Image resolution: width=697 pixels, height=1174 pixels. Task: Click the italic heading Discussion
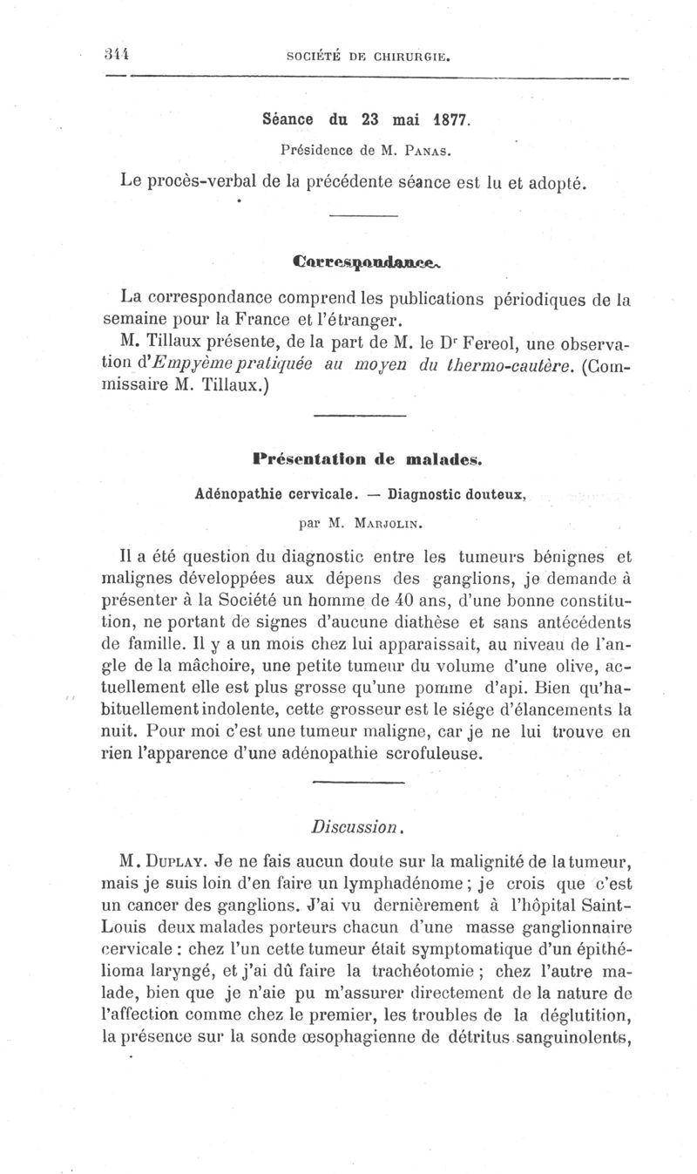pyautogui.click(x=358, y=823)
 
